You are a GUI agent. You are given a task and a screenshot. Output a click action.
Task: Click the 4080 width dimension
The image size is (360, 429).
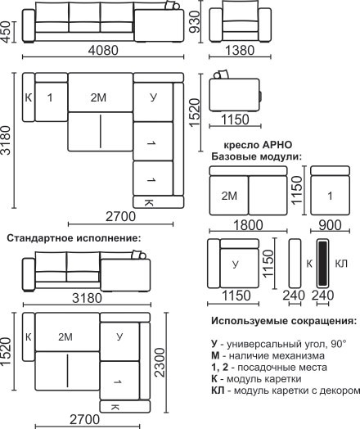coord(103,51)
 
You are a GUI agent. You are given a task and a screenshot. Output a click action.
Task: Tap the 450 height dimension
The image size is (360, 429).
coord(6,32)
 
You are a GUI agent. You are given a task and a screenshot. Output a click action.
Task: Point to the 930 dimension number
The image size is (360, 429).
coord(196,21)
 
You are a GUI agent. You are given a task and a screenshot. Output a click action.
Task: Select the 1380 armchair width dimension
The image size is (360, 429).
coord(240,51)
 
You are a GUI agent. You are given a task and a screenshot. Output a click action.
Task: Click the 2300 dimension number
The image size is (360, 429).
coord(160,363)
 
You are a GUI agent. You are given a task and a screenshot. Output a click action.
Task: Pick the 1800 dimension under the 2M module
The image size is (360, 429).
coord(248,225)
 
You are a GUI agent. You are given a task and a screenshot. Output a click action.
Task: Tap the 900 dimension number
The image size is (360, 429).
coord(330,225)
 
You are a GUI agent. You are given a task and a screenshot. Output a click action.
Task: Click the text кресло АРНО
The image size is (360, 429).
coord(258,145)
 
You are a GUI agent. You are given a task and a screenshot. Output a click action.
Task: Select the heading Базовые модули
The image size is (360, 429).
coord(256,156)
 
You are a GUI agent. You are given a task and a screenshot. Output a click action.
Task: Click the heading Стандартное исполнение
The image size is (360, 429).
coord(74,238)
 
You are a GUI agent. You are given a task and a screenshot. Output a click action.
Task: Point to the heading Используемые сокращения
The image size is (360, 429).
coord(284,321)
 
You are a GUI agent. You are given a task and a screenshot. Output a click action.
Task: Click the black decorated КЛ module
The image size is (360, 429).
coord(322,263)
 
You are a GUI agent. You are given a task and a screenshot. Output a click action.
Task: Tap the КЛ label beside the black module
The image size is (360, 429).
coord(341,264)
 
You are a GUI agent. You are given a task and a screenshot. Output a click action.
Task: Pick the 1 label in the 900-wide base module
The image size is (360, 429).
coord(331,196)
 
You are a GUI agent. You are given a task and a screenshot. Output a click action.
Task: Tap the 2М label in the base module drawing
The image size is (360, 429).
coord(229,196)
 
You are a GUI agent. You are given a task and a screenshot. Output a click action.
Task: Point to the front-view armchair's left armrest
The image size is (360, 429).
coord(216,25)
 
